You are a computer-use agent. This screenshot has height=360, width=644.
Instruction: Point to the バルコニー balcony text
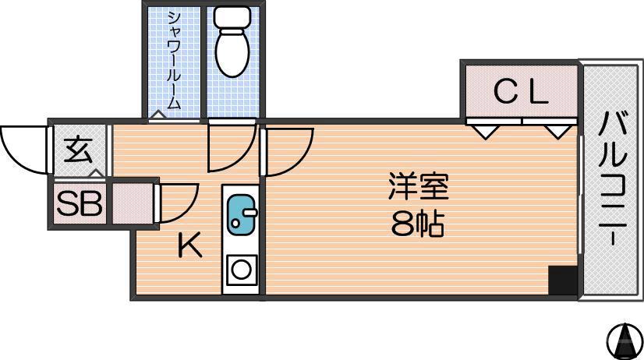(613, 179)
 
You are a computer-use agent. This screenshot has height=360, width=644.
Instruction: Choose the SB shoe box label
(79, 204)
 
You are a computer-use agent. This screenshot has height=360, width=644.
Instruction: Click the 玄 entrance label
(78, 149)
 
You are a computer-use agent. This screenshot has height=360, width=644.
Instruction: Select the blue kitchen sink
(242, 214)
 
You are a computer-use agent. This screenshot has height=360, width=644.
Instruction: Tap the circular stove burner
(242, 270)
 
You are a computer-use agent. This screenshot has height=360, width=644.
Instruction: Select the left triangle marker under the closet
(485, 130)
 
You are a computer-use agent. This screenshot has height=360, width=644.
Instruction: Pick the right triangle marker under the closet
(557, 130)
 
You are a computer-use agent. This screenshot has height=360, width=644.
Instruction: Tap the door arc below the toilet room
(232, 148)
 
